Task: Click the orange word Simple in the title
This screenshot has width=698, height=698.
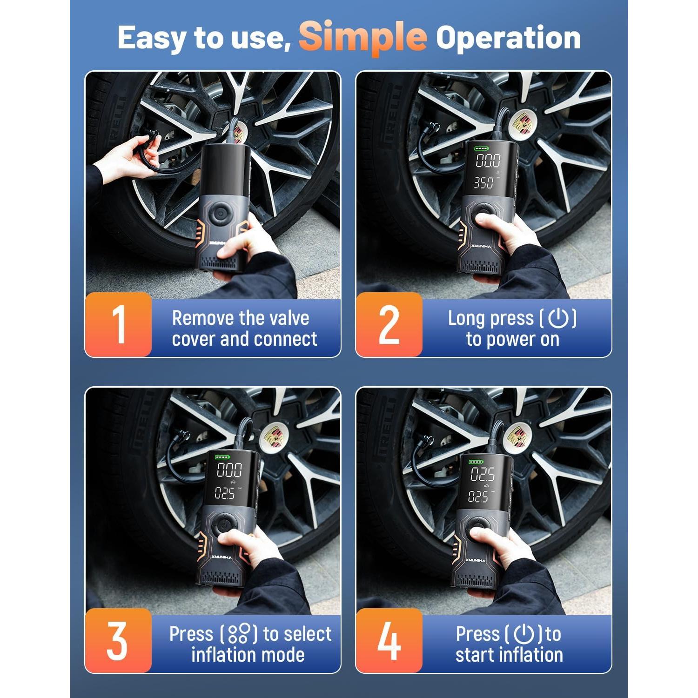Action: (362, 37)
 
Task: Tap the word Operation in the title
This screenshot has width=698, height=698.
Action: (508, 37)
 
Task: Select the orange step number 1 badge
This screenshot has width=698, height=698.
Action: (119, 325)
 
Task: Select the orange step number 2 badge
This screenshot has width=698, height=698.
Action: (389, 325)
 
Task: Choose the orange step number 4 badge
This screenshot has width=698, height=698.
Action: (389, 640)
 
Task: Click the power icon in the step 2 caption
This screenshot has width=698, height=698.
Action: (558, 318)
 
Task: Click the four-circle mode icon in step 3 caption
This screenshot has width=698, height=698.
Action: (239, 634)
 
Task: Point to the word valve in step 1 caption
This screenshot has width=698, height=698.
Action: (286, 318)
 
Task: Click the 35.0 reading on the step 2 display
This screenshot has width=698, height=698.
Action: (483, 183)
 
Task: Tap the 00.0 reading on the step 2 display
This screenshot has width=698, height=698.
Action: (488, 161)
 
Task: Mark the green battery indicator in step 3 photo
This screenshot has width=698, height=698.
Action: (222, 457)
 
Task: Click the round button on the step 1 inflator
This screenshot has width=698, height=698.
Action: (219, 214)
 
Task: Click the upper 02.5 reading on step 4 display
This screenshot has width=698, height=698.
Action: (483, 474)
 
